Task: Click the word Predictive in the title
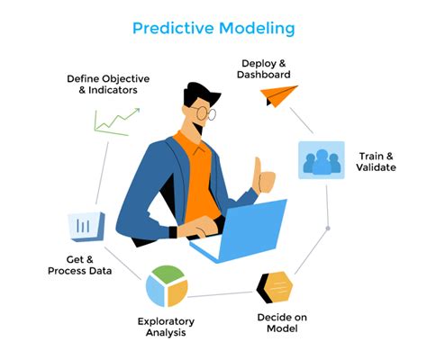(172, 28)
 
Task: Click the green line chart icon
(118, 121)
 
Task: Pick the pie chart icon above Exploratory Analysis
(167, 285)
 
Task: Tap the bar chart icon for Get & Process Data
(86, 226)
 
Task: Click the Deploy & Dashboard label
(265, 68)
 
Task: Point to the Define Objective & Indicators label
(108, 85)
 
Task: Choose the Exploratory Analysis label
(167, 326)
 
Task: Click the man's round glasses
(204, 113)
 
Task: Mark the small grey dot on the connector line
(328, 228)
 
